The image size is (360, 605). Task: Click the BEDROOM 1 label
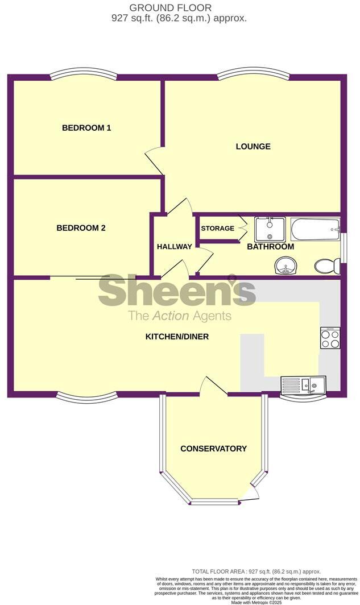coord(86,128)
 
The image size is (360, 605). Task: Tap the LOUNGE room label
coord(253,147)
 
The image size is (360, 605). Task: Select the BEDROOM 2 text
coord(81,228)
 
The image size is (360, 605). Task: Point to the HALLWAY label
coord(175,246)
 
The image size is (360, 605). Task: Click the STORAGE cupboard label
coord(217,229)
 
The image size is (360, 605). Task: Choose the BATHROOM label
coord(270,247)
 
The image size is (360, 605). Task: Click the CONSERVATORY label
coord(213,449)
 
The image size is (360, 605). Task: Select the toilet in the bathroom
coord(328,265)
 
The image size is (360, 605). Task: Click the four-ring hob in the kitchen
coord(330,338)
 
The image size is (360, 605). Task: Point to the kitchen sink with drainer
coord(303,386)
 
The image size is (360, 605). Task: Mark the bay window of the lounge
coord(253,74)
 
